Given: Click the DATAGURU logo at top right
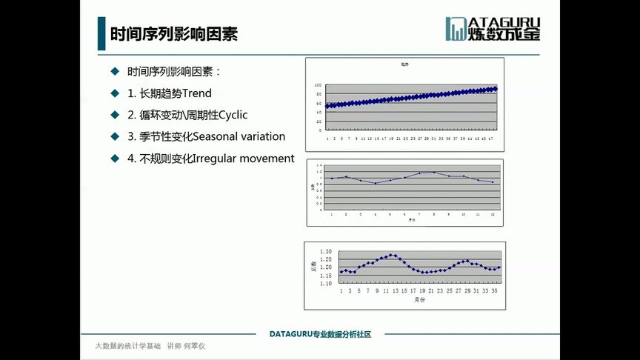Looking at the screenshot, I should (493, 28).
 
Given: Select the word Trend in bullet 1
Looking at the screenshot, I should (197, 93).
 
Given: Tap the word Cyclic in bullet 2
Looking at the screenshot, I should (233, 115).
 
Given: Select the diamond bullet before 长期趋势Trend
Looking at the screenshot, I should (115, 93).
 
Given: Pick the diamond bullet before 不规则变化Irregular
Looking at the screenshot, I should (115, 159).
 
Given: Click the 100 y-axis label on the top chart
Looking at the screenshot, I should (319, 85).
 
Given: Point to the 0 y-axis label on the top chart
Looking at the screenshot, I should (320, 128).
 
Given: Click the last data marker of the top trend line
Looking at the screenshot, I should (495, 89).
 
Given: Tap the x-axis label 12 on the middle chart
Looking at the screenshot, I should (493, 214).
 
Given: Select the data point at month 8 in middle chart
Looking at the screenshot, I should (434, 172).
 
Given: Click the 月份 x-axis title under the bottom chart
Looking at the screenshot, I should (419, 300).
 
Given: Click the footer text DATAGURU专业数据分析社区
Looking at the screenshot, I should (319, 335).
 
